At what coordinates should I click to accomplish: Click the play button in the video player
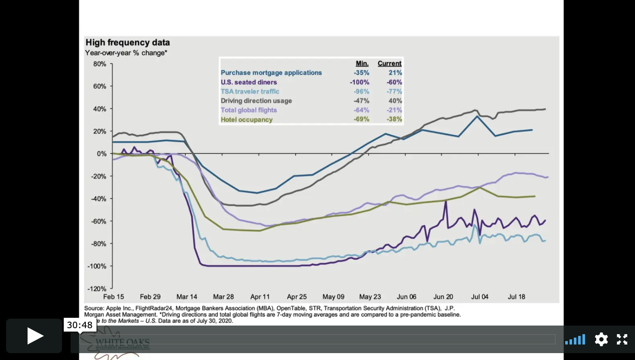[34, 336]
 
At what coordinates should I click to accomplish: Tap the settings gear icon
[601, 339]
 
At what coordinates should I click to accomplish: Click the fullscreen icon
[622, 339]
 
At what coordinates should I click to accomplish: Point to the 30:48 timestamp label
[80, 325]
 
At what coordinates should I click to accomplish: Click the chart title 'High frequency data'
[128, 43]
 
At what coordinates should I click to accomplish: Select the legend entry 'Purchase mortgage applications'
[271, 73]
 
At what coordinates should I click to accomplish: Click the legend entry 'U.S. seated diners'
[249, 82]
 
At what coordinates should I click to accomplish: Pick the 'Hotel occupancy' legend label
[246, 120]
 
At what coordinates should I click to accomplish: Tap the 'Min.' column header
[362, 63]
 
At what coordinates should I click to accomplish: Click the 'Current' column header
[389, 63]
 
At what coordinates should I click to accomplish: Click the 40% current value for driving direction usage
[395, 101]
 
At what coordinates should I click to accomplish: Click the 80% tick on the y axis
[100, 64]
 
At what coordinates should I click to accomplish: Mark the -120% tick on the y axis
[97, 289]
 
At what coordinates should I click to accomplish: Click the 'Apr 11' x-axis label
[260, 297]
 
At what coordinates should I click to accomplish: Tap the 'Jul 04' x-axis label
[479, 297]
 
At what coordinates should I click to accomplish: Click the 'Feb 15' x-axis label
[113, 297]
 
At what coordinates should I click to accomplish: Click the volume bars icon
[575, 340]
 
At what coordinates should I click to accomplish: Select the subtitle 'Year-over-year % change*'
[126, 53]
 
